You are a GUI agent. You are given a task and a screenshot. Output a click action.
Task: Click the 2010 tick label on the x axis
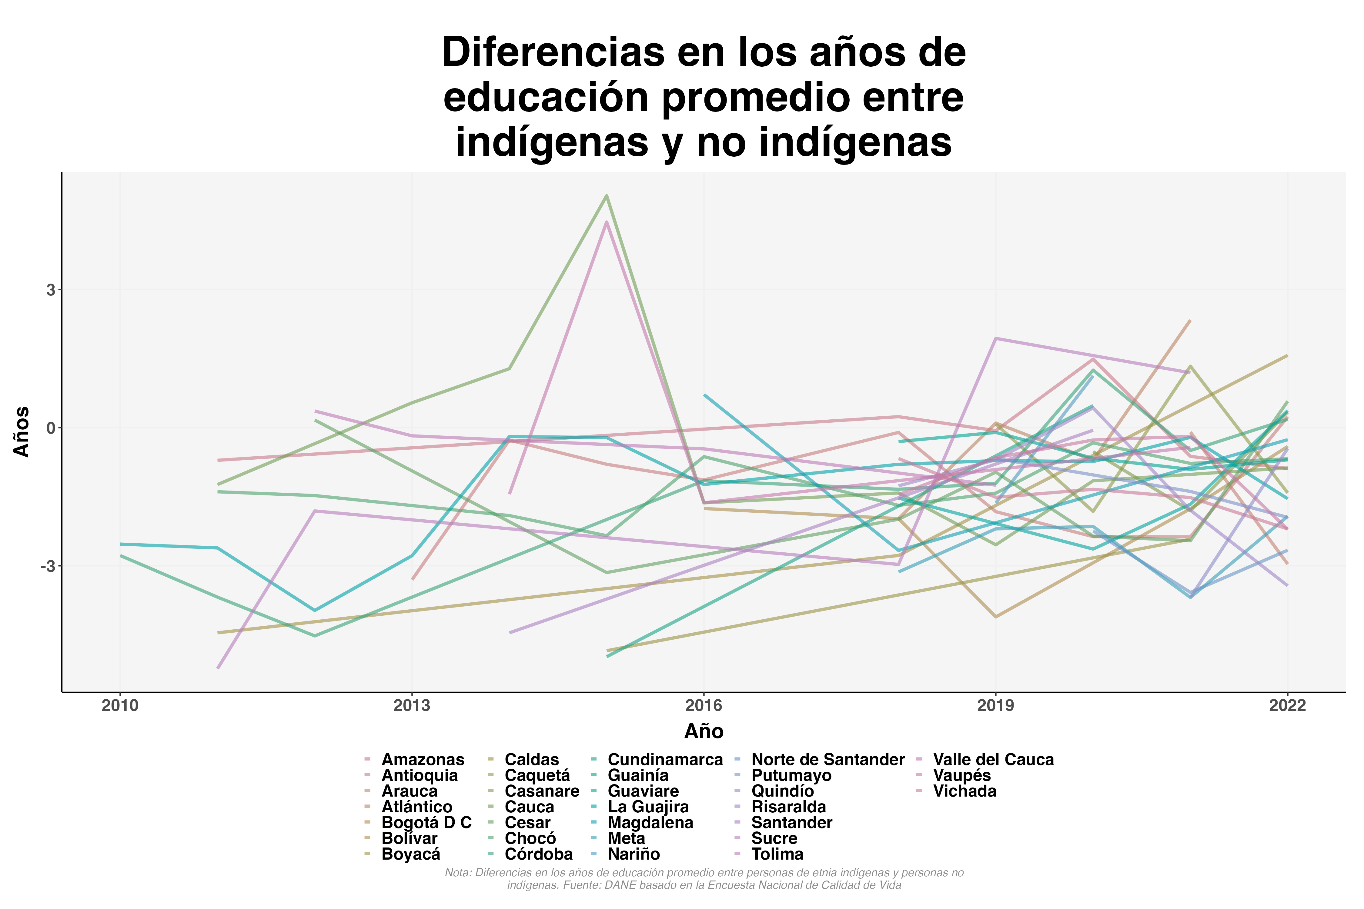(x=120, y=705)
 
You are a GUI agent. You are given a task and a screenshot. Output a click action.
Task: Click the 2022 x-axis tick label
(x=1287, y=705)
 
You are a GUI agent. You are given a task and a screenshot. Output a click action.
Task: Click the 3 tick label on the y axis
(x=51, y=290)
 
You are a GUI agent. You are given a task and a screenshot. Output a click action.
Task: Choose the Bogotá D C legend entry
(x=426, y=823)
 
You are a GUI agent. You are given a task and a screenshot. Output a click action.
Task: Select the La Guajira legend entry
(x=648, y=807)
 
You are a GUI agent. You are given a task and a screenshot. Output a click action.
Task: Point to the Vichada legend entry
(x=964, y=791)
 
